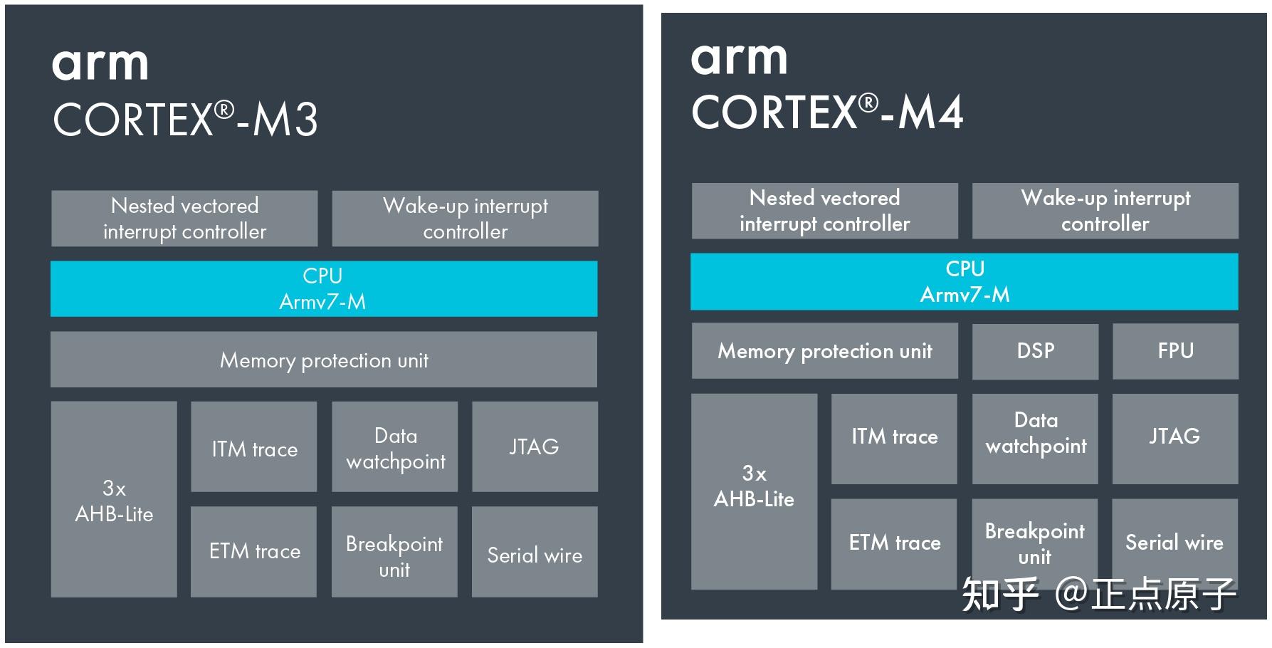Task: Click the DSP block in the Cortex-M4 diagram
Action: (1035, 351)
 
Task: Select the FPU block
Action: (1175, 351)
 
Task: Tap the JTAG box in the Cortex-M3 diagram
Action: (535, 446)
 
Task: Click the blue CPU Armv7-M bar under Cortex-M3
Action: (324, 288)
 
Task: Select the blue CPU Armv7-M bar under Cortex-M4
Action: (964, 281)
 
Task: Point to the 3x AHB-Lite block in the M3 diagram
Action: (114, 499)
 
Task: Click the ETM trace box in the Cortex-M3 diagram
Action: (254, 552)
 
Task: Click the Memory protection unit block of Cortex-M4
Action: (824, 351)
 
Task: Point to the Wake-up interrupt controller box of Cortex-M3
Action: (465, 219)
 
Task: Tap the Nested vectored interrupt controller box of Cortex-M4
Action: (824, 211)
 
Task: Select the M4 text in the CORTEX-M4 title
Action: (930, 113)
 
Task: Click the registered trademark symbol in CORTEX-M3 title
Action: (224, 110)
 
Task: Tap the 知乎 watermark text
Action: (999, 595)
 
